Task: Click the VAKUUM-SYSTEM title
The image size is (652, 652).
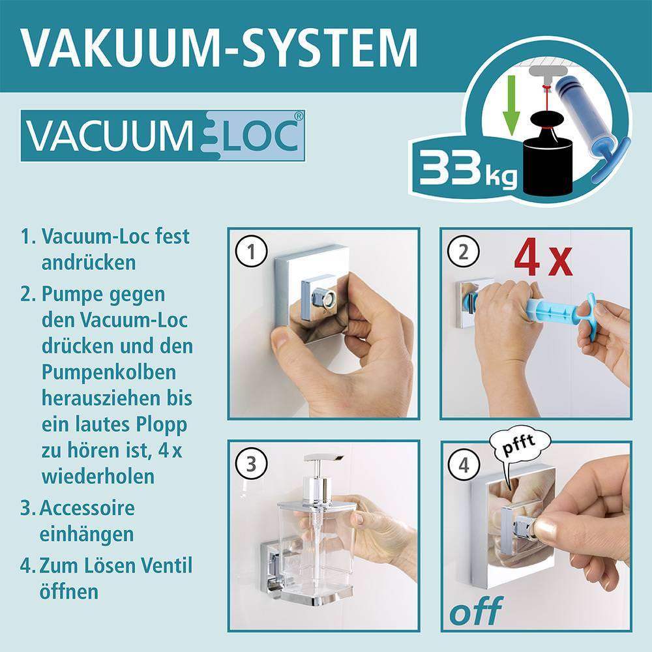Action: [218, 46]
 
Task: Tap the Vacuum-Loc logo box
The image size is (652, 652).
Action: [163, 136]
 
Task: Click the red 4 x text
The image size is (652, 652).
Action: [542, 258]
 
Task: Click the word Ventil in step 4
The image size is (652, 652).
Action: [163, 565]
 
